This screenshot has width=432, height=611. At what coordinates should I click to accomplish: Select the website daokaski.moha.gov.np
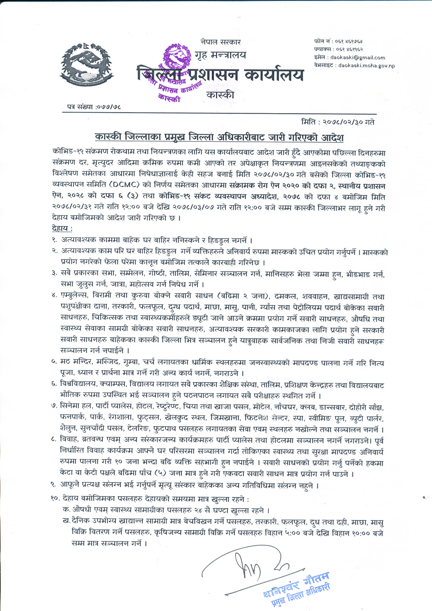[367, 65]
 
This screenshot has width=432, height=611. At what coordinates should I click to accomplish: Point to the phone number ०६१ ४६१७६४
[349, 41]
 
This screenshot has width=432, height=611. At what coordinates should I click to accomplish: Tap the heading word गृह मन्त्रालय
[220, 55]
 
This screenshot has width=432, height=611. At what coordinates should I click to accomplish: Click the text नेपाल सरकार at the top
[221, 42]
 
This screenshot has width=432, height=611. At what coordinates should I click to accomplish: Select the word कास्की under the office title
[220, 95]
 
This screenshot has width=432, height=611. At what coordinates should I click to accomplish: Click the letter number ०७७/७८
[109, 107]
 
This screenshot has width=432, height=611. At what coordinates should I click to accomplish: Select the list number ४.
[54, 296]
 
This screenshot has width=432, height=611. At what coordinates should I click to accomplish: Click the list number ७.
[54, 407]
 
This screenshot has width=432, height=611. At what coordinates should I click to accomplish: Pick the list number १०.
[55, 498]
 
